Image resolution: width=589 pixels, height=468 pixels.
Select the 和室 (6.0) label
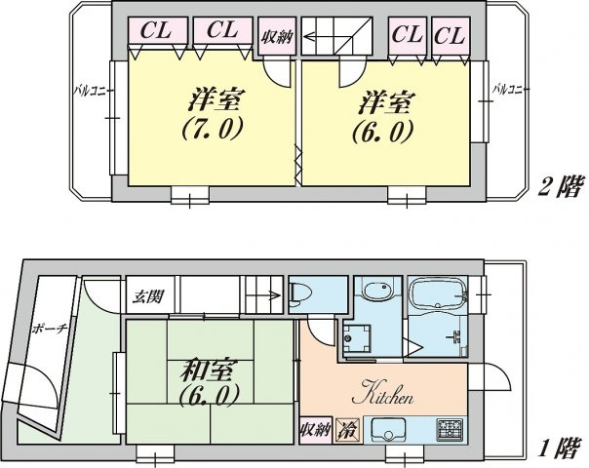click(x=208, y=382)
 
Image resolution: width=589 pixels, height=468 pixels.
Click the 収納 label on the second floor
click(x=276, y=40)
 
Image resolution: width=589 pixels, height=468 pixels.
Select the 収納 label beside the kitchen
click(x=316, y=430)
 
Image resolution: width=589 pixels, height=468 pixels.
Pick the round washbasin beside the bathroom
click(x=373, y=291)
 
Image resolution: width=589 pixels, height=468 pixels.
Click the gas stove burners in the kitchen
click(x=452, y=429)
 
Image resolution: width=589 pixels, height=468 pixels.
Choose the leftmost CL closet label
click(x=154, y=31)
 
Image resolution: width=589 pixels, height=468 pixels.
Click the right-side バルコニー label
click(x=510, y=90)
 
